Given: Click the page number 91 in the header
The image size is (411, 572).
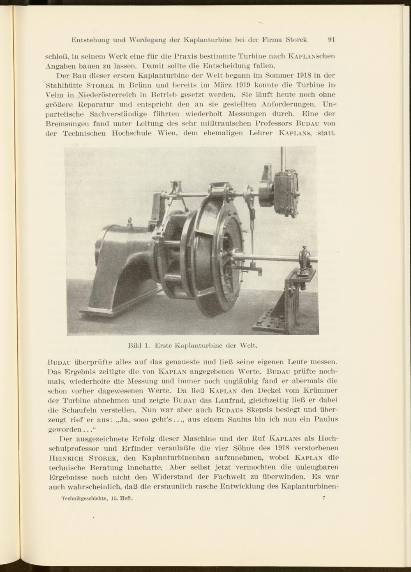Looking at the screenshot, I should click(332, 40).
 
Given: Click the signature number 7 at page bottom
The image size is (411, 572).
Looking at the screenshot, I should click(324, 498).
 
